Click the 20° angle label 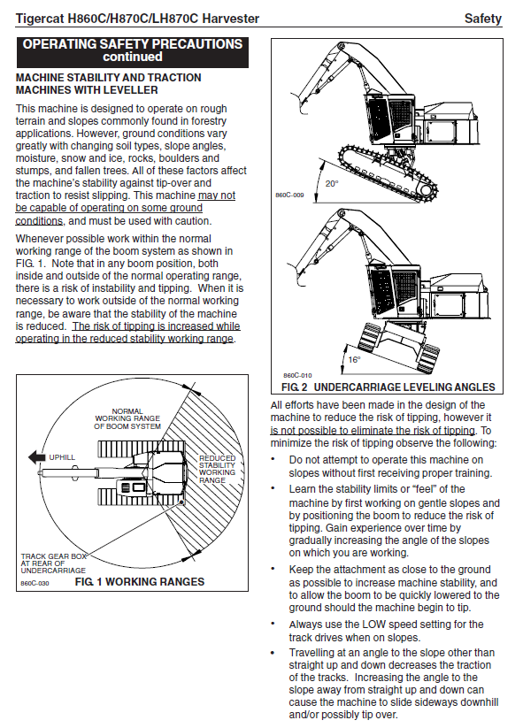pyautogui.click(x=332, y=183)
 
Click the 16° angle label pyautogui.click(x=354, y=359)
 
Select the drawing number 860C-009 pyautogui.click(x=289, y=195)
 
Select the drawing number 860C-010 pyautogui.click(x=297, y=375)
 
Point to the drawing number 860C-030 pyautogui.click(x=35, y=583)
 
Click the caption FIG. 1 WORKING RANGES pyautogui.click(x=139, y=582)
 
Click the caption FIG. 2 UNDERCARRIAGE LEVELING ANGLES pyautogui.click(x=388, y=387)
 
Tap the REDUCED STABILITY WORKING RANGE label pyautogui.click(x=218, y=469)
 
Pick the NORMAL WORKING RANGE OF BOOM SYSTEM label pyautogui.click(x=127, y=418)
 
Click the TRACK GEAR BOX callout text pyautogui.click(x=53, y=563)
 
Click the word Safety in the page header pyautogui.click(x=483, y=19)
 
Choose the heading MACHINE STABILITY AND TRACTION pyautogui.click(x=109, y=78)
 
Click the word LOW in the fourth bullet pyautogui.click(x=373, y=625)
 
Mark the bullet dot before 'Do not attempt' pyautogui.click(x=273, y=460)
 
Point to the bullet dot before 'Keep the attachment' pyautogui.click(x=273, y=569)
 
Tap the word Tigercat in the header pyautogui.click(x=40, y=19)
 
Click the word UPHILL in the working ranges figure pyautogui.click(x=62, y=457)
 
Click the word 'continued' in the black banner pyautogui.click(x=133, y=57)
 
